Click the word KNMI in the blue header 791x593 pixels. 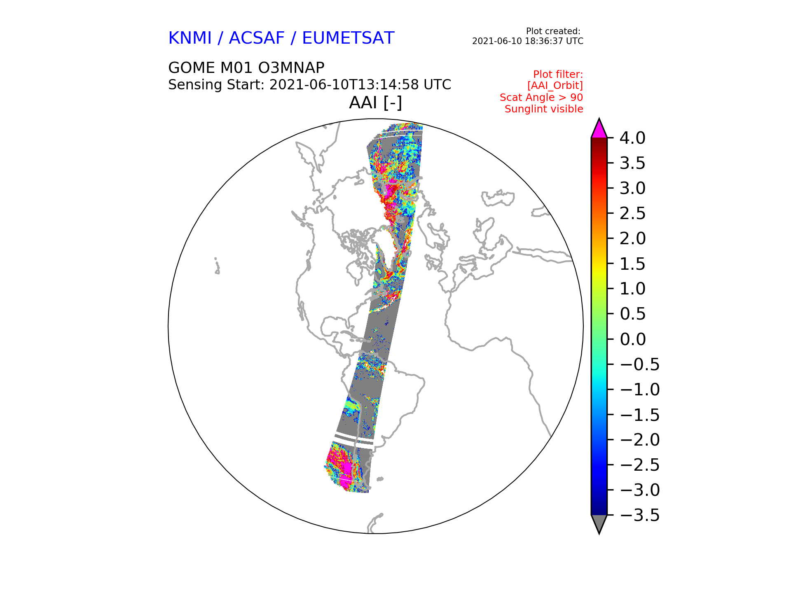pyautogui.click(x=190, y=38)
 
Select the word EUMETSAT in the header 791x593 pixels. pyautogui.click(x=348, y=38)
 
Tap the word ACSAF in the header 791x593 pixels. pyautogui.click(x=257, y=38)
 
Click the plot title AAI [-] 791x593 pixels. pyautogui.click(x=375, y=103)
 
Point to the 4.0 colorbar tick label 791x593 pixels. pyautogui.click(x=632, y=138)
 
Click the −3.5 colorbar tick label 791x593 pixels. pyautogui.click(x=640, y=515)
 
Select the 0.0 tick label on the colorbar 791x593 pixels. pyautogui.click(x=632, y=339)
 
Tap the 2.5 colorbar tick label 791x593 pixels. pyautogui.click(x=632, y=213)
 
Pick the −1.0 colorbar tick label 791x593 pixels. pyautogui.click(x=640, y=390)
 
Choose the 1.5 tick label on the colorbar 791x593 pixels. pyautogui.click(x=632, y=264)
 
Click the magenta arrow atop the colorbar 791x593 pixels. pyautogui.click(x=599, y=128)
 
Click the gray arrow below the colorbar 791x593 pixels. pyautogui.click(x=599, y=524)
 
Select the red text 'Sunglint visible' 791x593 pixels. pyautogui.click(x=544, y=109)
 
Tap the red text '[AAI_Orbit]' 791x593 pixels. pyautogui.click(x=555, y=86)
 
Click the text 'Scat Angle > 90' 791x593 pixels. pyautogui.click(x=541, y=98)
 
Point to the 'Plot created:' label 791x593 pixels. pyautogui.click(x=553, y=31)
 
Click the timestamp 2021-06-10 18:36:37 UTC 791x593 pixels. pyautogui.click(x=528, y=41)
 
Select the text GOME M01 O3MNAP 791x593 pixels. pyautogui.click(x=246, y=68)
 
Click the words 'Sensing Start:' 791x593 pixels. pyautogui.click(x=216, y=85)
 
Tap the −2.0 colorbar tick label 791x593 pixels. pyautogui.click(x=640, y=440)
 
